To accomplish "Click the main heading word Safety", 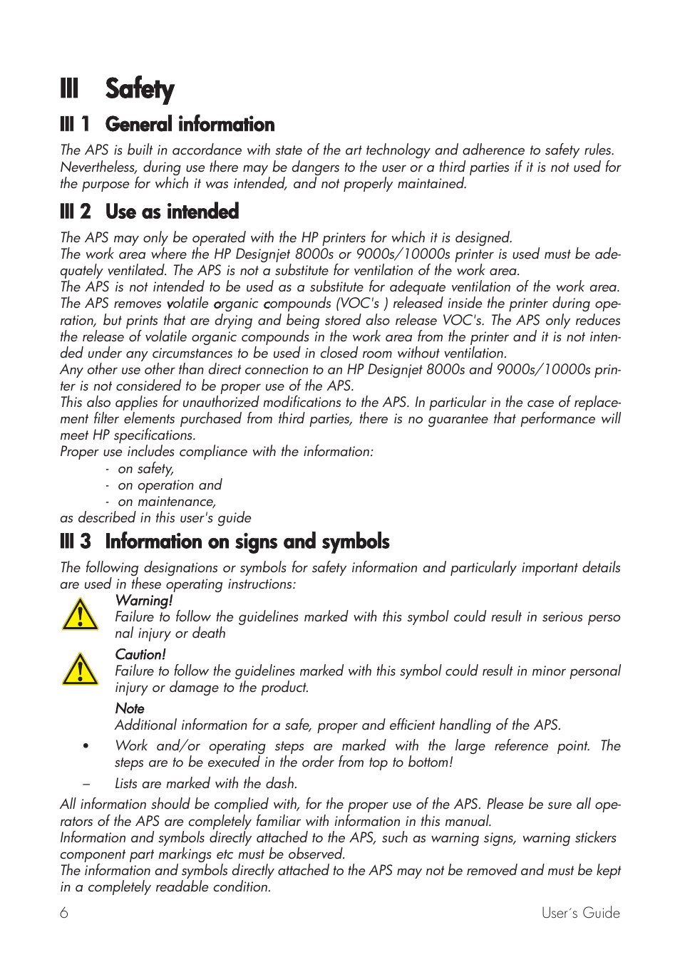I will (140, 89).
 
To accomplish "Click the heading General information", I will (190, 124).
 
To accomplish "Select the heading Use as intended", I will (172, 212).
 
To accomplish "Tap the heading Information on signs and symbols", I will (247, 542).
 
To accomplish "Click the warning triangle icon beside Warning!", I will (81, 615).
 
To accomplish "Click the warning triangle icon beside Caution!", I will (81, 670).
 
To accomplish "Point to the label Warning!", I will (144, 601).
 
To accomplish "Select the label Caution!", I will (140, 654).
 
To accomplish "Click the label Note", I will (130, 708).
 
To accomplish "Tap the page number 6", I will (64, 913).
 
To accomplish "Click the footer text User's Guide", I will (580, 913).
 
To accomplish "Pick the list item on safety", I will (145, 469).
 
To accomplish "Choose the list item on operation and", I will (170, 485).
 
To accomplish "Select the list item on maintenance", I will (167, 502).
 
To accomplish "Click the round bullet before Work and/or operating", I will (86, 747).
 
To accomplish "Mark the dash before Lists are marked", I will (86, 784).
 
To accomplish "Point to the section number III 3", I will (76, 542).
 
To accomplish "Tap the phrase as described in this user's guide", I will (155, 518).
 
